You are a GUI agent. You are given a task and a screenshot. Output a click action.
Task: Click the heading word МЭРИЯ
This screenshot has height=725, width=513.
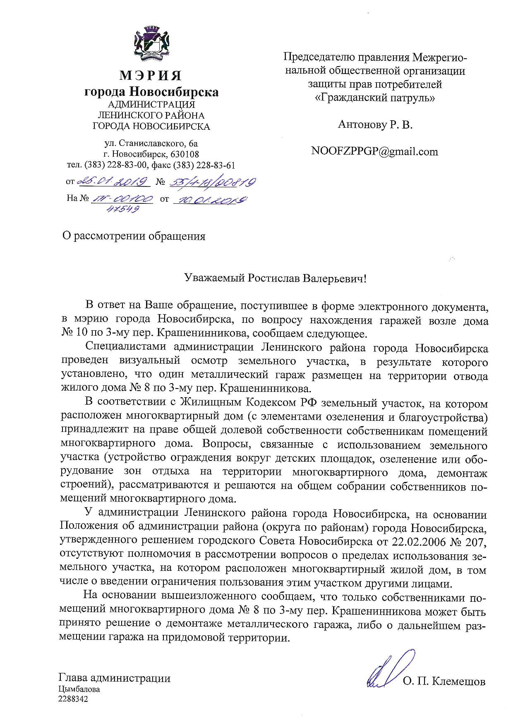tap(151, 76)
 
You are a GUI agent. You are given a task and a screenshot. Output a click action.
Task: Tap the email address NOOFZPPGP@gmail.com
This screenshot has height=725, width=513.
tap(374, 152)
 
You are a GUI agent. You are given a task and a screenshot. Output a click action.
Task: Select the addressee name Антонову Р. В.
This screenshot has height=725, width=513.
tap(375, 124)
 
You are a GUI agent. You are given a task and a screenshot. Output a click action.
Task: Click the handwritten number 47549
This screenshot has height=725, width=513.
tap(122, 210)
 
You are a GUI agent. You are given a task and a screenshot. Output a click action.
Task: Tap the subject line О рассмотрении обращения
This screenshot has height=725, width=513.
tap(134, 236)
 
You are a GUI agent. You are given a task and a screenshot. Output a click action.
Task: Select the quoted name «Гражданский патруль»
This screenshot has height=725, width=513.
tap(375, 98)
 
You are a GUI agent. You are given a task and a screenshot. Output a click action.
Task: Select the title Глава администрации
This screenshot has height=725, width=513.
tap(115, 678)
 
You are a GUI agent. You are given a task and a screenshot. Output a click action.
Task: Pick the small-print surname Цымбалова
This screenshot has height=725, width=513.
tap(79, 689)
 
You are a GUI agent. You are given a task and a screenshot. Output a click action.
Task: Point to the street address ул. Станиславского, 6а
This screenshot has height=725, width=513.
tap(151, 144)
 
